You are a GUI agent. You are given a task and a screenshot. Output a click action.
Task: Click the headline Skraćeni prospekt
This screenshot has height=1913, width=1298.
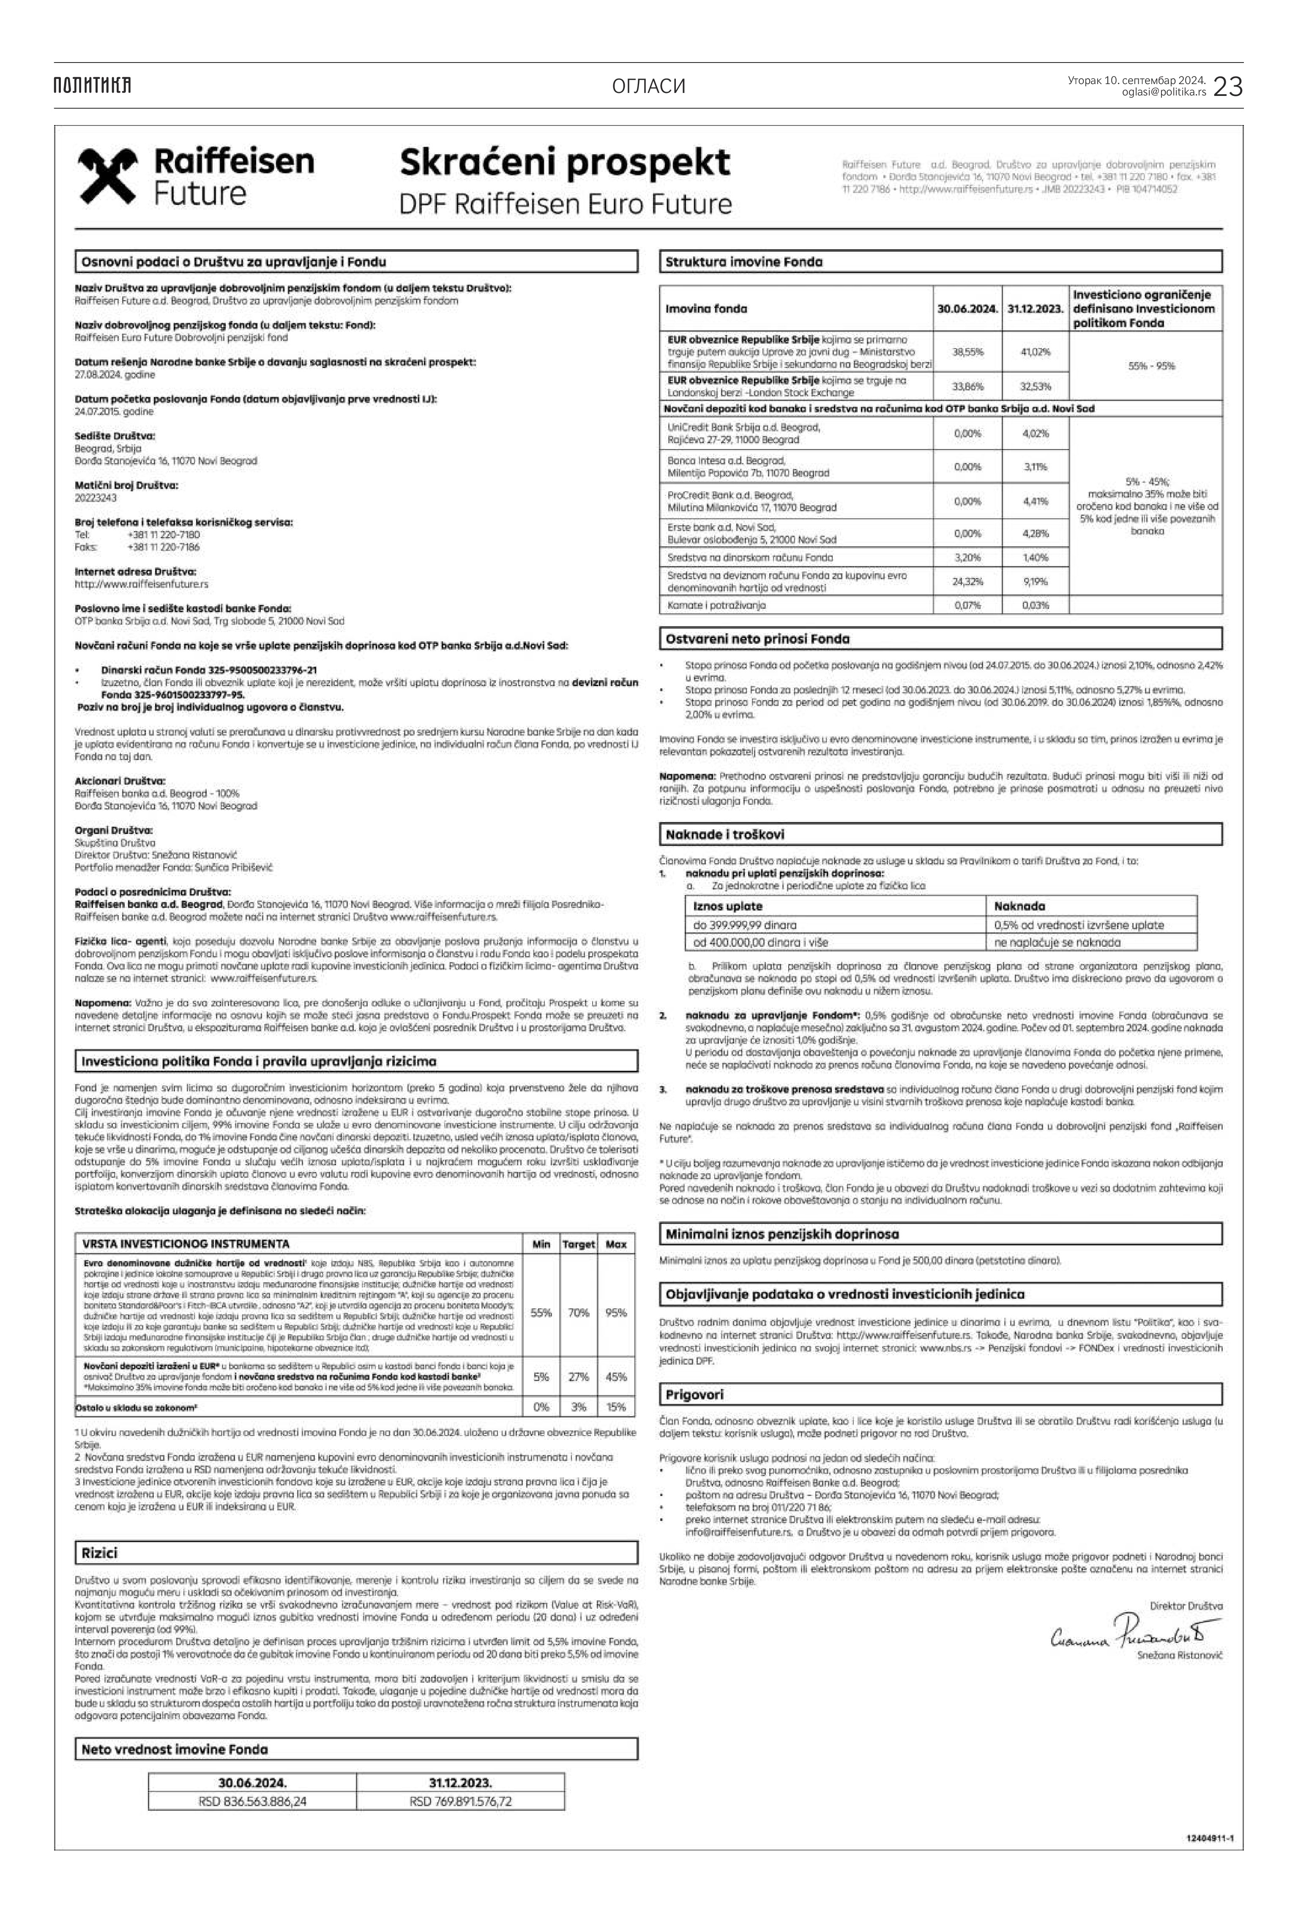tap(565, 162)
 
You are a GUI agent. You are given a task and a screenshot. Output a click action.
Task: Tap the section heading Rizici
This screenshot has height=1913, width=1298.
tap(100, 1553)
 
